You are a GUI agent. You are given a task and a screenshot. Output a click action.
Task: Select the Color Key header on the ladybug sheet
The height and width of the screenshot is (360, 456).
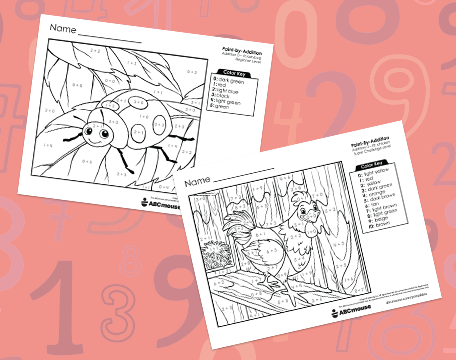[231, 76]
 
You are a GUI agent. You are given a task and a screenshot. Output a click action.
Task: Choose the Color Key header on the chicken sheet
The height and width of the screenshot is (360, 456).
[374, 165]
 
